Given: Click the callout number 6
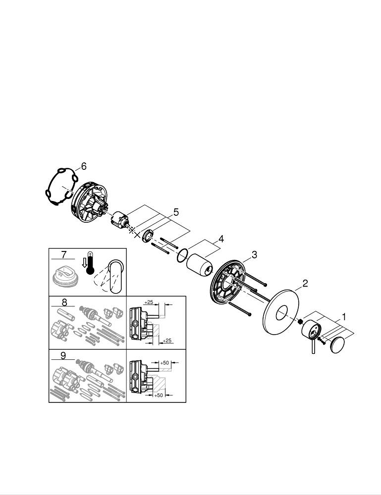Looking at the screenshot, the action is click(83, 166).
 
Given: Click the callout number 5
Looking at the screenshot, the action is click(176, 212).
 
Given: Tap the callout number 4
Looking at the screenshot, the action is click(221, 239).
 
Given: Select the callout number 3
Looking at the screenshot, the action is click(254, 254).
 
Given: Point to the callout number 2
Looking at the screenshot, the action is click(305, 283).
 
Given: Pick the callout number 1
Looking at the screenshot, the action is click(344, 317).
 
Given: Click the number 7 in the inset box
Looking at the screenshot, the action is click(64, 254).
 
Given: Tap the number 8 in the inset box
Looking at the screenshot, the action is click(64, 302).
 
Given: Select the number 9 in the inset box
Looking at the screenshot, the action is click(63, 356).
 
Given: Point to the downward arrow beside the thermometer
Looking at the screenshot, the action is click(84, 262).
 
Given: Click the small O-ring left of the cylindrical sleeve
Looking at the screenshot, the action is click(182, 255).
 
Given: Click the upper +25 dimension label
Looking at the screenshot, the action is click(149, 302).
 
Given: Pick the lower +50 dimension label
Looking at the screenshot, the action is click(159, 395).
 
